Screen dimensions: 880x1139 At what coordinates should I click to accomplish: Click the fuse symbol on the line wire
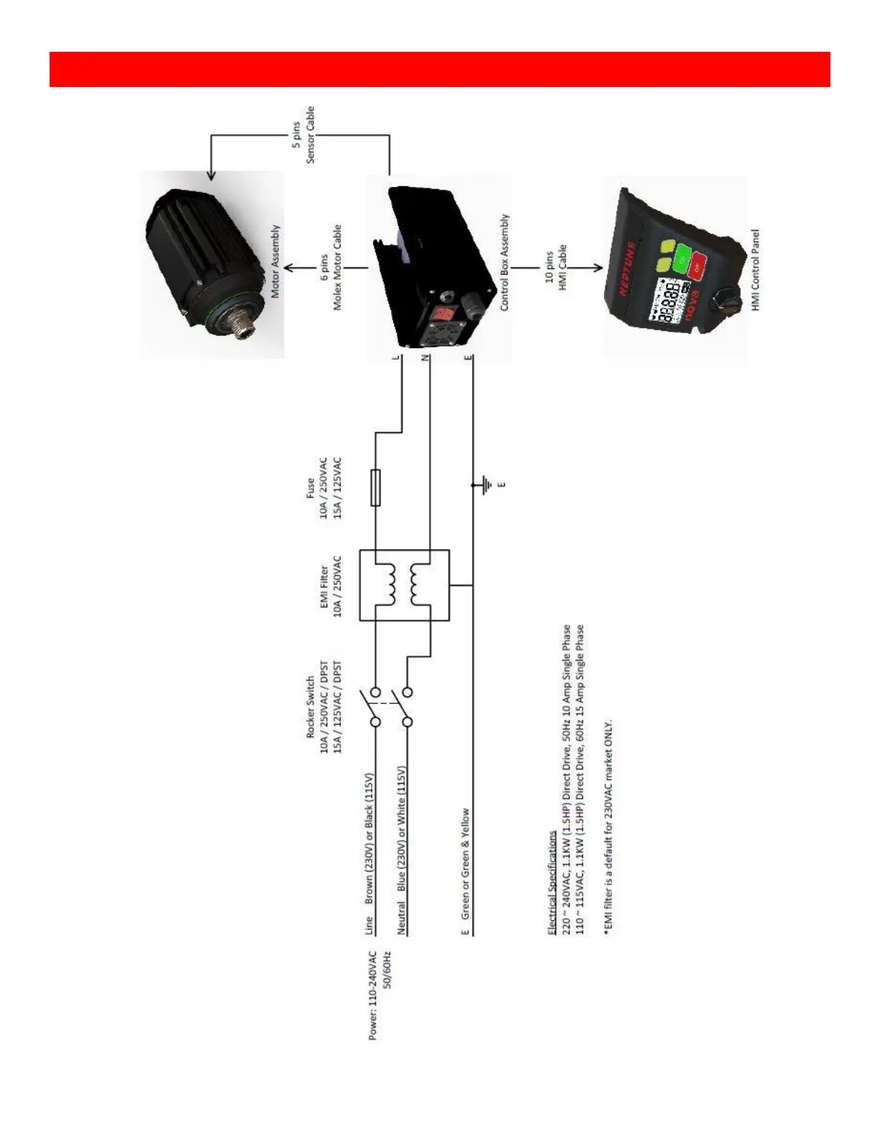point(375,487)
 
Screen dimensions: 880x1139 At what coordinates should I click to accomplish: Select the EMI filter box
point(404,585)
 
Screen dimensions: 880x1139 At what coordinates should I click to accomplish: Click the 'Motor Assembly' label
point(275,262)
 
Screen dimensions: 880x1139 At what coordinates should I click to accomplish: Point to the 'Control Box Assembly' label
point(505,262)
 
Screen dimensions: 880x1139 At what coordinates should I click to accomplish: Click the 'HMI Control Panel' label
point(755,270)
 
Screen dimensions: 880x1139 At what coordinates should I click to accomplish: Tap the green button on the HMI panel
point(682,257)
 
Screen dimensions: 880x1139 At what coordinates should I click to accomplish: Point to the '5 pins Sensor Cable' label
point(303,135)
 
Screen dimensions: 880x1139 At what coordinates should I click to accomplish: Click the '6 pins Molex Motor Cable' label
point(331,267)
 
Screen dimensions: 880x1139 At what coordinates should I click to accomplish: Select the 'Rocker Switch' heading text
point(310,706)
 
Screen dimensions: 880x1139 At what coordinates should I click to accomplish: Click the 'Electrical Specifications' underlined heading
point(552,882)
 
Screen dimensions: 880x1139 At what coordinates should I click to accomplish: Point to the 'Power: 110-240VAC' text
point(372,995)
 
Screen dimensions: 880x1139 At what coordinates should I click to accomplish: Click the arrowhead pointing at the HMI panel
point(597,268)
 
